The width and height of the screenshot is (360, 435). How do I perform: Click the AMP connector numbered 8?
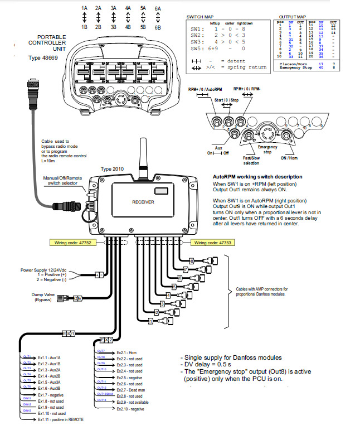(x=192, y=260)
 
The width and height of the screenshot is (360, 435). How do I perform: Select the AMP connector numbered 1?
(x=150, y=321)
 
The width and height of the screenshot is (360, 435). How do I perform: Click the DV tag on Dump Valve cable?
(x=79, y=299)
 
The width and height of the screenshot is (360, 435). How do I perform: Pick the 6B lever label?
(x=158, y=27)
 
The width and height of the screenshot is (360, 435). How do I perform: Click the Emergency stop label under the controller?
(x=267, y=149)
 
